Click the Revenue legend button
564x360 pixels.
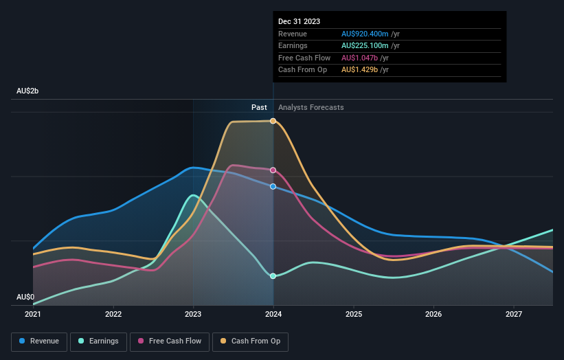point(39,341)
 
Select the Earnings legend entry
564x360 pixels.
point(98,341)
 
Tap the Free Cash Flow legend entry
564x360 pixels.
point(165,341)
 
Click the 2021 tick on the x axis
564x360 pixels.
point(33,315)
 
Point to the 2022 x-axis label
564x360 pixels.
point(113,315)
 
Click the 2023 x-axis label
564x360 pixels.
point(193,315)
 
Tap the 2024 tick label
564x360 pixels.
point(273,315)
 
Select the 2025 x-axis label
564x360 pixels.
point(354,315)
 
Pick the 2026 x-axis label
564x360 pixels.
point(433,315)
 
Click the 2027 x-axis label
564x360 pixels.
point(514,315)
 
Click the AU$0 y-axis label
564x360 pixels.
point(25,297)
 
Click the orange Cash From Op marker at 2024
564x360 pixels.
point(273,121)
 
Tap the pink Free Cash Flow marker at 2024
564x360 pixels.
point(273,170)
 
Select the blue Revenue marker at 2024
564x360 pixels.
point(273,186)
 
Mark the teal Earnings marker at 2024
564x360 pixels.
point(273,276)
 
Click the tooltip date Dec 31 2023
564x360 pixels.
point(299,22)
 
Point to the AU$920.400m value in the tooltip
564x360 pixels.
point(365,34)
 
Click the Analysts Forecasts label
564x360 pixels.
point(311,107)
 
